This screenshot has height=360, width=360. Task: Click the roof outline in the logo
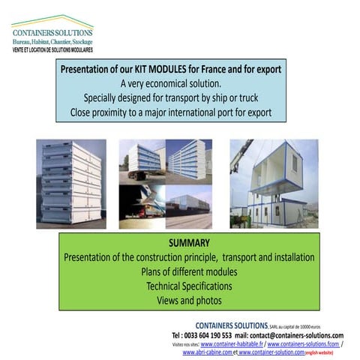pyautogui.click(x=52, y=19)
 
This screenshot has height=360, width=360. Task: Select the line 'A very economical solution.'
pyautogui.click(x=171, y=82)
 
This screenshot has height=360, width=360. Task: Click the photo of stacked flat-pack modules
pyautogui.click(x=70, y=183)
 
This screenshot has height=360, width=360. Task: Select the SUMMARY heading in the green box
pyautogui.click(x=188, y=244)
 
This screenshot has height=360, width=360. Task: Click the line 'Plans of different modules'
pyautogui.click(x=189, y=271)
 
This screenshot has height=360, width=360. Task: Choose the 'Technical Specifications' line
pyautogui.click(x=189, y=286)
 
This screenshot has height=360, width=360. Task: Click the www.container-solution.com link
pyautogui.click(x=271, y=352)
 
